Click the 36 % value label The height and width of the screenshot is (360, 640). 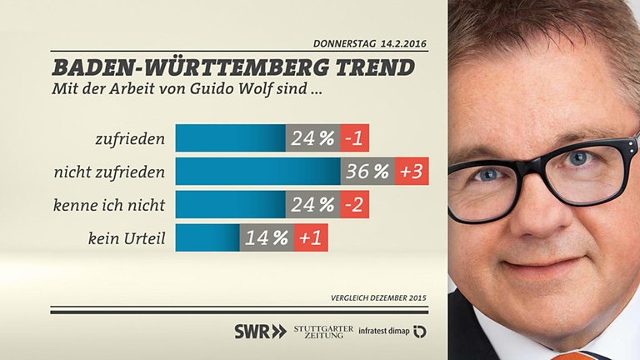tap(367, 172)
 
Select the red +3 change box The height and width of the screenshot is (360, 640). tap(412, 172)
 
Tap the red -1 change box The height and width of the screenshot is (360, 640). tap(355, 138)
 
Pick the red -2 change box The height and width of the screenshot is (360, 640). tap(355, 205)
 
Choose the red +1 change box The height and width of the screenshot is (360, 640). tap(311, 238)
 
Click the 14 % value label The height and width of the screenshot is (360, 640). tap(267, 238)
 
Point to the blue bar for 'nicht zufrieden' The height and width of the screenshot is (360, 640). tap(258, 172)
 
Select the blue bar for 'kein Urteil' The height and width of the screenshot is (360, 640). tap(208, 238)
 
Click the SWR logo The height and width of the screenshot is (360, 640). tap(259, 331)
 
